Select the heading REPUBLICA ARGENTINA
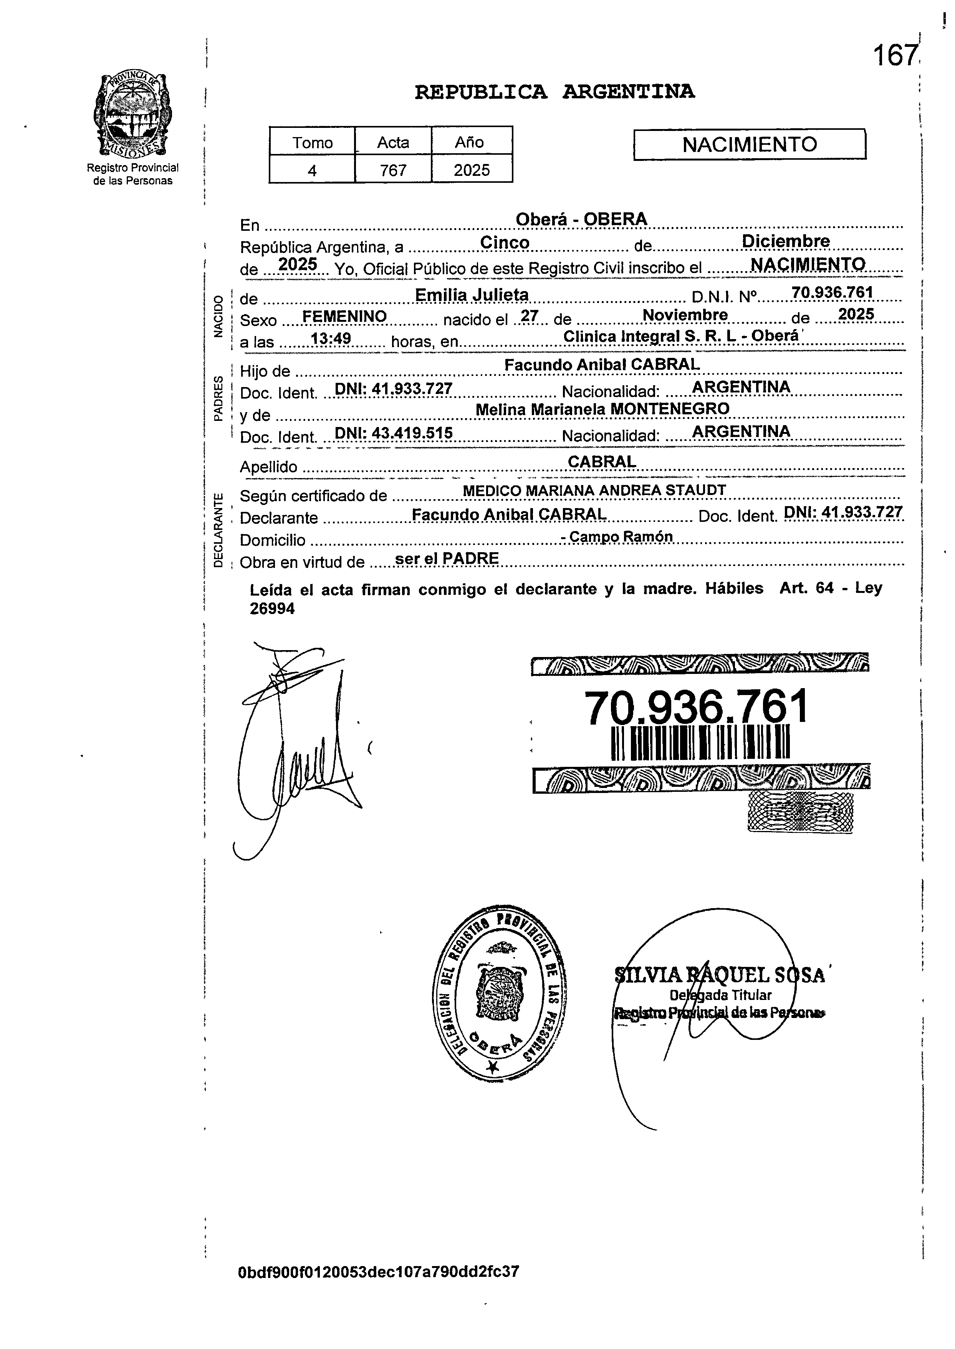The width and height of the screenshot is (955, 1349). (554, 92)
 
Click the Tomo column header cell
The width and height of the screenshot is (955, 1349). (312, 142)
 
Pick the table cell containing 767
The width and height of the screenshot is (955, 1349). (393, 170)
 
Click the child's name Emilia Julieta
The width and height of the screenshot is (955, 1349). (472, 294)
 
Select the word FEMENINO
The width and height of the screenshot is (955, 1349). (344, 316)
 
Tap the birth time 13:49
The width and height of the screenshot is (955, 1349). (331, 338)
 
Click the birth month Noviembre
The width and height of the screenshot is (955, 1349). (685, 315)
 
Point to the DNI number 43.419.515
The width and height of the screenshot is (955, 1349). (394, 434)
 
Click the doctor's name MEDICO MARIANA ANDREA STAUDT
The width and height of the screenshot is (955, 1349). (594, 490)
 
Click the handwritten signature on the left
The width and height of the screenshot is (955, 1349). (294, 747)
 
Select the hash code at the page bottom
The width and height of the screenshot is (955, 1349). (378, 1272)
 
